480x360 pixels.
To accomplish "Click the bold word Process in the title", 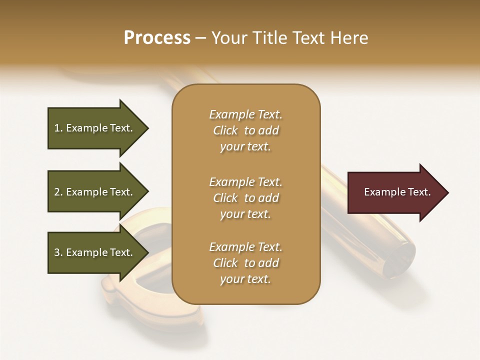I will point(157,38).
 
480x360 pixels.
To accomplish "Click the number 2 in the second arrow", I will point(57,192).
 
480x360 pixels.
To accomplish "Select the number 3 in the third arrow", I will point(57,252).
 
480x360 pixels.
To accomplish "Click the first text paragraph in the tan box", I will point(245,130).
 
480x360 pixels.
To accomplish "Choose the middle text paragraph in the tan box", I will point(245,198).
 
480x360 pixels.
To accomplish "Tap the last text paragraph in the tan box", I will point(245,263).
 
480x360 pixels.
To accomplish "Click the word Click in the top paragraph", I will point(225,130).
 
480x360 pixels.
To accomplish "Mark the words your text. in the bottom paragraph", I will point(245,279).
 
